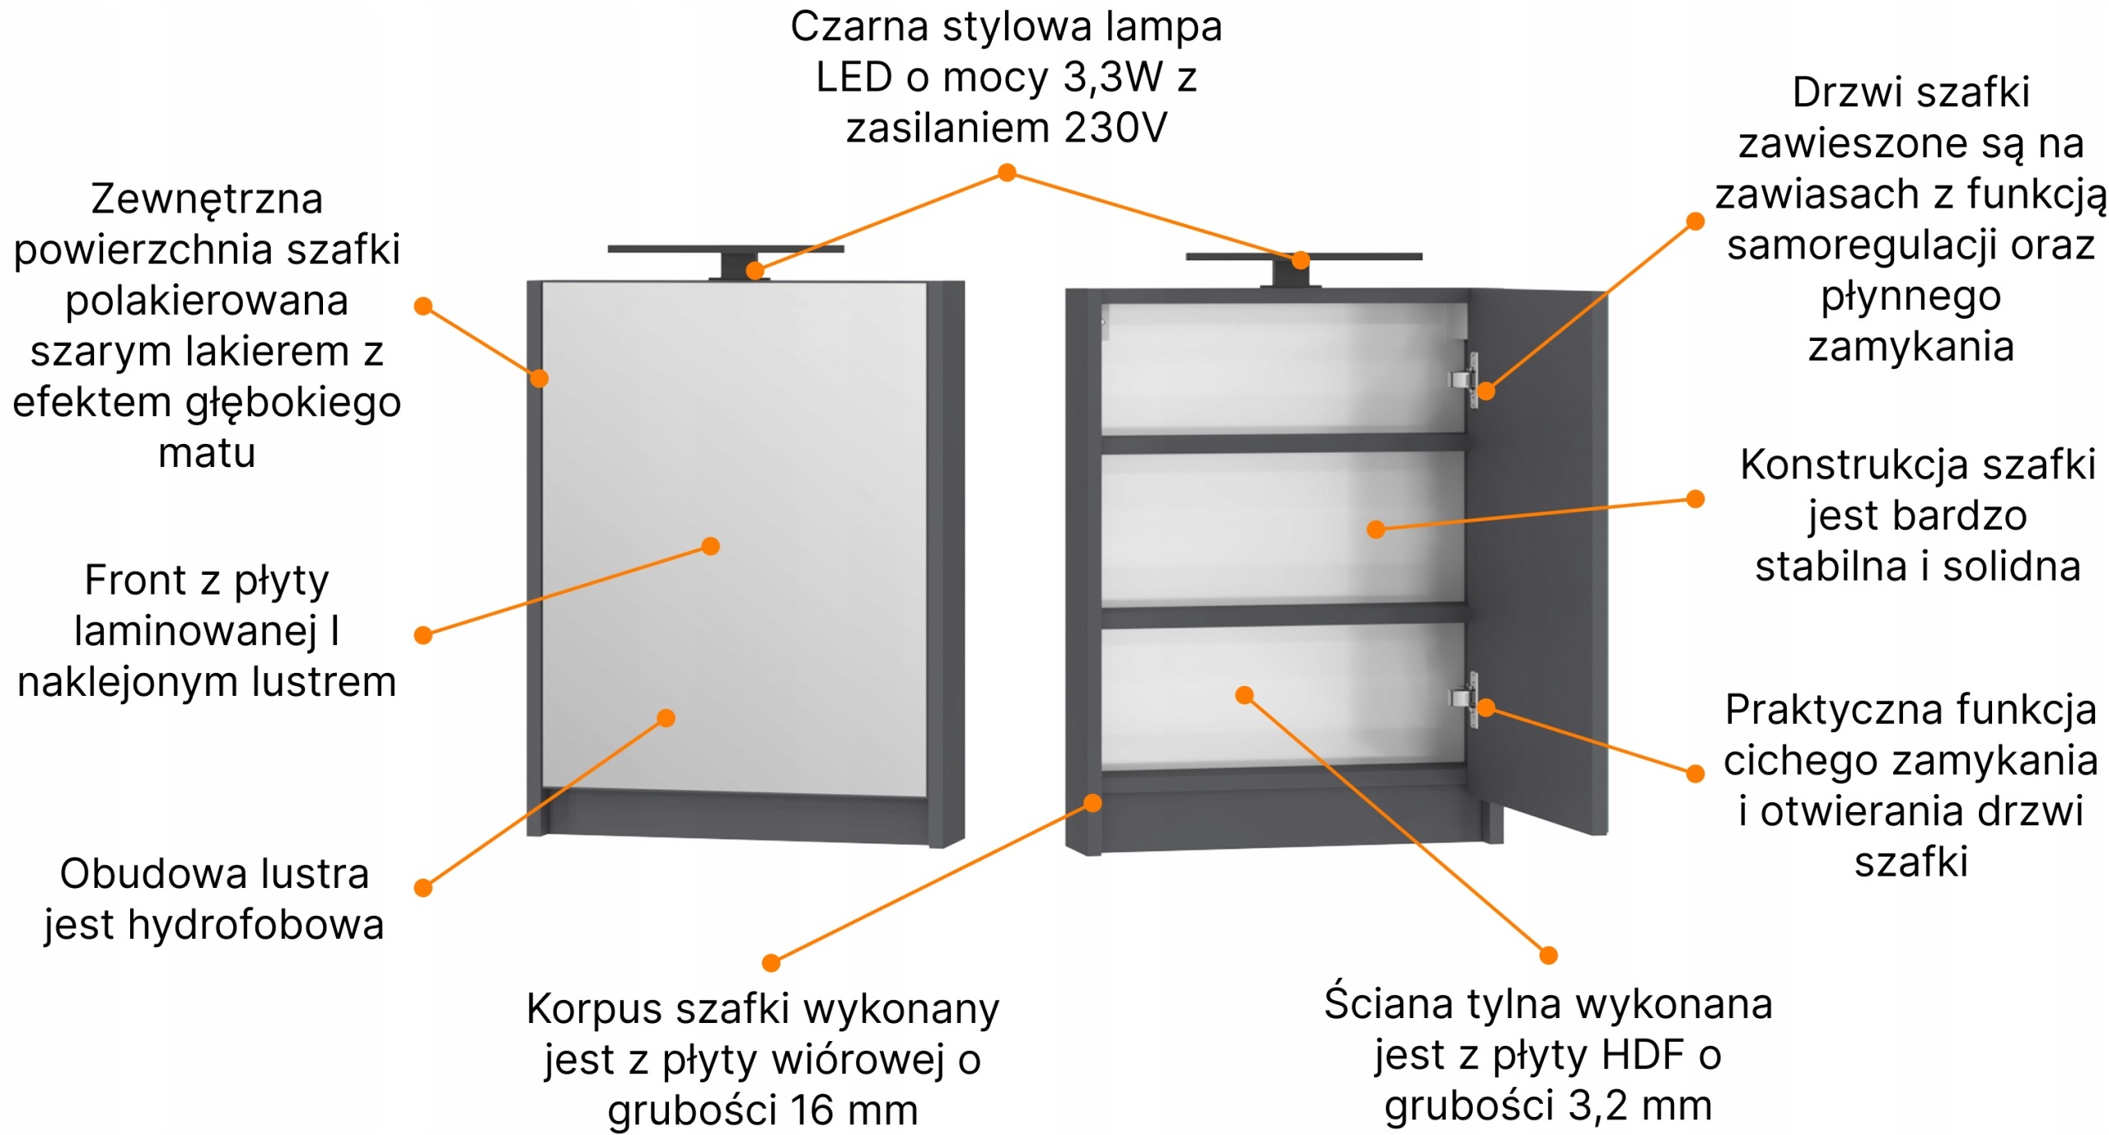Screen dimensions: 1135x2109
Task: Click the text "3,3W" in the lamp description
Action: pos(1112,77)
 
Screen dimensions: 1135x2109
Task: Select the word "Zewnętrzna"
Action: pos(207,199)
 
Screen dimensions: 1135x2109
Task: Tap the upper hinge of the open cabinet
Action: pos(1463,379)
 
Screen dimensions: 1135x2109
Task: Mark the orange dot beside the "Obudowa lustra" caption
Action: pos(423,887)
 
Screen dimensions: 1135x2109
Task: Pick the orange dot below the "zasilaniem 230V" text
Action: pos(1007,172)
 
